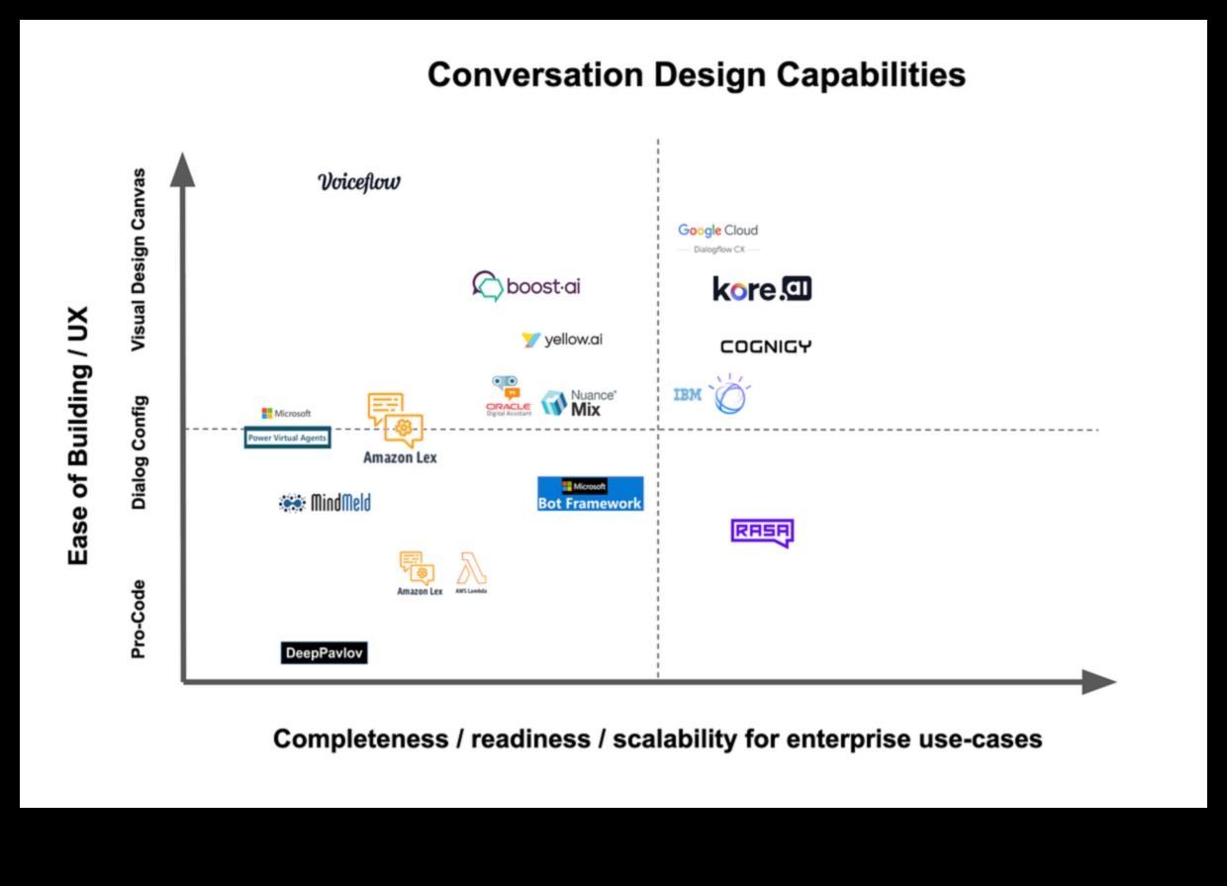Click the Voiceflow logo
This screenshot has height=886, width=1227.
click(x=359, y=181)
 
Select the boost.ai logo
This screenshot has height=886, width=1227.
click(x=526, y=286)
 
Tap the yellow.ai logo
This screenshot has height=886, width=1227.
click(x=562, y=340)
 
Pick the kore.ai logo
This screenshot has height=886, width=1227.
click(x=762, y=289)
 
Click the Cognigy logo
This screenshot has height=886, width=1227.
click(x=765, y=346)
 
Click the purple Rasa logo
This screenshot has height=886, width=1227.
click(x=762, y=533)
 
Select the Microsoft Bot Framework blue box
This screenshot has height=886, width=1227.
click(x=590, y=494)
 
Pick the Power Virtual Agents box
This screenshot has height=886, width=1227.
click(x=287, y=437)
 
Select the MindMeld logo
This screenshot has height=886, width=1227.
click(x=325, y=503)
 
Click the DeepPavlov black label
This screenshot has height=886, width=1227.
click(x=324, y=653)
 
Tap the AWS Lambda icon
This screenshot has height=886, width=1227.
click(x=471, y=572)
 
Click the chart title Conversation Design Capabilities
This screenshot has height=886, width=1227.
click(x=696, y=75)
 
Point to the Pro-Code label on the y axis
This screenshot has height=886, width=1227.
click(x=140, y=619)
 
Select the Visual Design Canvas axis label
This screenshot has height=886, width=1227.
click(x=140, y=259)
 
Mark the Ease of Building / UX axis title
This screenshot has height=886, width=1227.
click(x=78, y=436)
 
